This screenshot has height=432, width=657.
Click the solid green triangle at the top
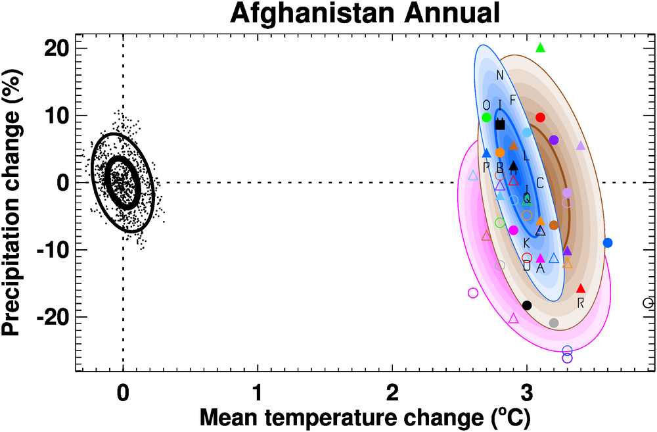click(x=541, y=47)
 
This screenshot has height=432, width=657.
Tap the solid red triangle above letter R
click(x=581, y=288)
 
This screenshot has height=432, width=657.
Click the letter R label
click(x=581, y=302)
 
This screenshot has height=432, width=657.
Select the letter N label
click(x=500, y=75)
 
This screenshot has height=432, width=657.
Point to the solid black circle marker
click(x=527, y=305)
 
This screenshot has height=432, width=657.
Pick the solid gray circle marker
click(x=554, y=323)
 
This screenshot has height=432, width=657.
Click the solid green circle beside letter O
click(x=487, y=117)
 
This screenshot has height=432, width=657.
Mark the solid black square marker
click(x=500, y=124)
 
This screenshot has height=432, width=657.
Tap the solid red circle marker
click(x=541, y=117)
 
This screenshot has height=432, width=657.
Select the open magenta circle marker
click(x=473, y=293)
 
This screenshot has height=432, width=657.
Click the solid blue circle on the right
click(x=608, y=243)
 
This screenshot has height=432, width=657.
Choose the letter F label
click(x=513, y=100)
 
